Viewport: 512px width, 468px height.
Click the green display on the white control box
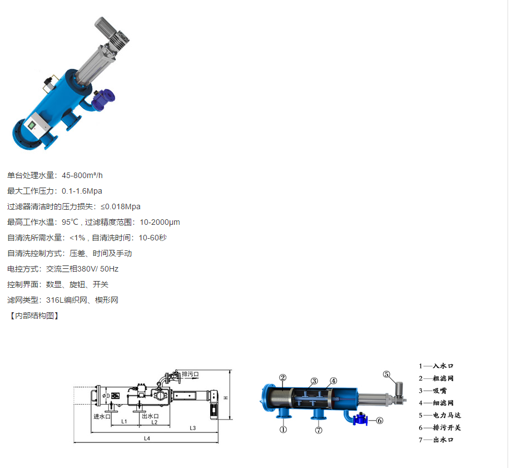[x=32, y=125]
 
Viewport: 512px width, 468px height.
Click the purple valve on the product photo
[x=103, y=99]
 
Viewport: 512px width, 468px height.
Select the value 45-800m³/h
[x=82, y=175]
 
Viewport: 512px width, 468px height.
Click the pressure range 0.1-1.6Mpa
[x=82, y=191]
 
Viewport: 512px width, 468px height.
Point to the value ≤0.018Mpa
[x=121, y=207]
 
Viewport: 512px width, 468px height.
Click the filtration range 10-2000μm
[x=160, y=222]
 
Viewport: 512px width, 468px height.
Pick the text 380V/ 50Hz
[x=98, y=269]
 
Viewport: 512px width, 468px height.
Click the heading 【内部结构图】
[x=34, y=316]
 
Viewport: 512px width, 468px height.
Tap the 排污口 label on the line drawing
[x=190, y=374]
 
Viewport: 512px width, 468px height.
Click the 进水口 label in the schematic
[x=102, y=416]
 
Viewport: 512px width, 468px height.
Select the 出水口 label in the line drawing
[x=150, y=416]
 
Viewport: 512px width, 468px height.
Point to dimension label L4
[x=147, y=439]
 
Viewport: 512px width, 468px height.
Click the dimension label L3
[x=193, y=428]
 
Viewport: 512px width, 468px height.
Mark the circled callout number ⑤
[x=386, y=374]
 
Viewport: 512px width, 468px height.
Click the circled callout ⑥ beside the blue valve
[x=380, y=421]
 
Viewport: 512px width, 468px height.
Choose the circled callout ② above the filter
[x=283, y=378]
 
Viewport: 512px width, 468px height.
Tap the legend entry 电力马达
[x=447, y=415]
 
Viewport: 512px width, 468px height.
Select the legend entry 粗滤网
[x=443, y=378]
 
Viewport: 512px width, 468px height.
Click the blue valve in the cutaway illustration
[x=360, y=419]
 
